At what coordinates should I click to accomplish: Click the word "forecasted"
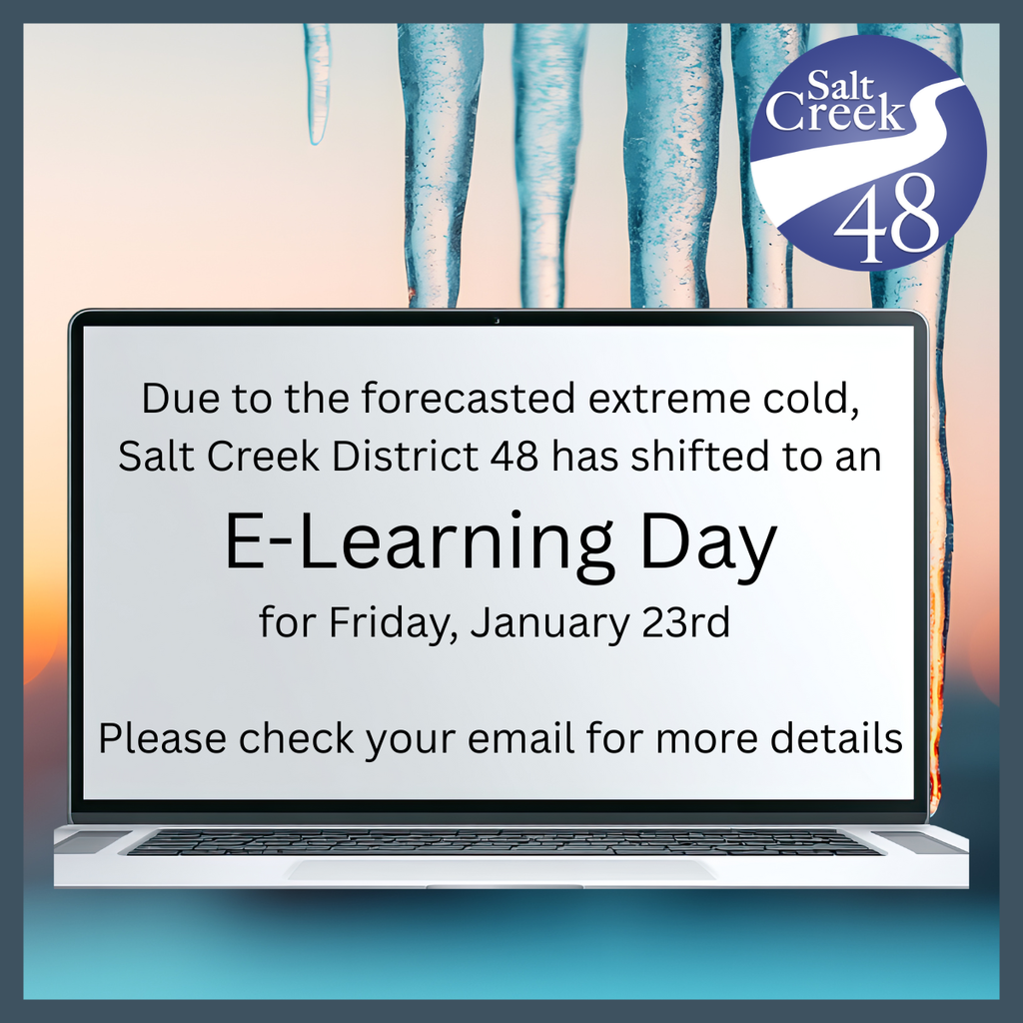point(469,399)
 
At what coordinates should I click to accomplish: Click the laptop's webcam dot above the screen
point(497,320)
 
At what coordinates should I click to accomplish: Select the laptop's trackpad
point(501,870)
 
